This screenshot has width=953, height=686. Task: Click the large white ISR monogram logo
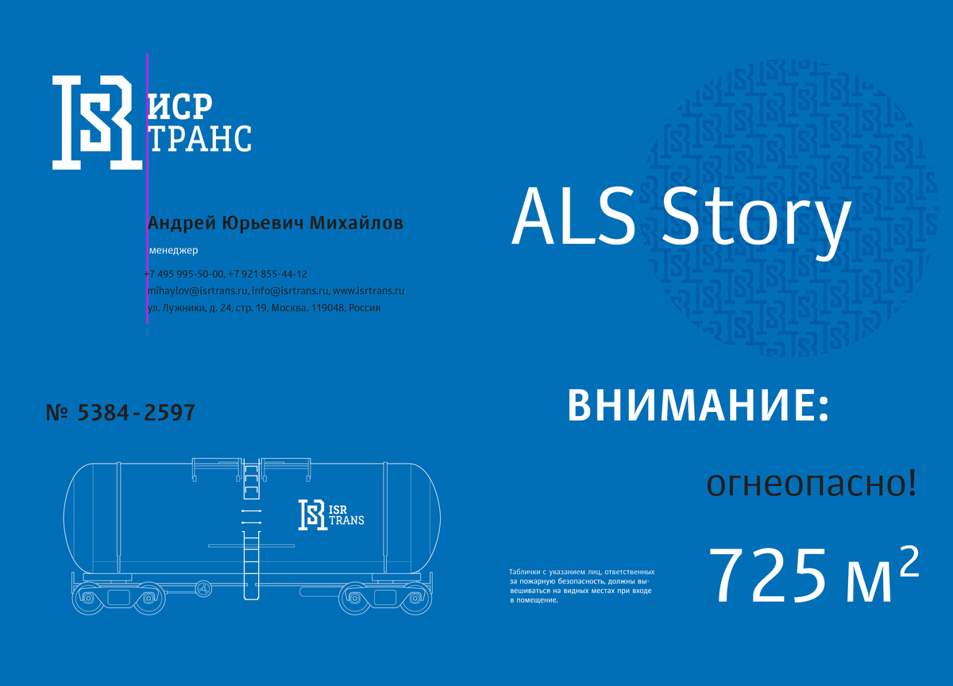98,123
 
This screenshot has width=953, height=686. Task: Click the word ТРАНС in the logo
201,138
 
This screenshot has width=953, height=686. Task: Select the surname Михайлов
356,223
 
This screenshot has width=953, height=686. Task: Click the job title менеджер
174,250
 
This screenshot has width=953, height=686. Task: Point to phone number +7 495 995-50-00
183,274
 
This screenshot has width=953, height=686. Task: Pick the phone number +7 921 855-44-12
267,274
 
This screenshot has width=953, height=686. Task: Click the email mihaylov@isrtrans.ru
198,291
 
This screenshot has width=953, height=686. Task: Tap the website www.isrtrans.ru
368,291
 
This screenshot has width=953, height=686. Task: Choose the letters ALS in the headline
573,217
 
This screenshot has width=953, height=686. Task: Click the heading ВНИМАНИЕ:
699,406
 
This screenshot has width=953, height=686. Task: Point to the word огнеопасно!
812,484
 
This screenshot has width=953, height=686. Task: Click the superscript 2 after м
909,561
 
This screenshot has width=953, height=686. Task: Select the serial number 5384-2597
136,413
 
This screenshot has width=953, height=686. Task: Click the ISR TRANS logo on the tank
331,515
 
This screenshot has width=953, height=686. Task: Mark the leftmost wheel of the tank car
88,599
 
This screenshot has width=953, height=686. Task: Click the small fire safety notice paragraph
582,586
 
